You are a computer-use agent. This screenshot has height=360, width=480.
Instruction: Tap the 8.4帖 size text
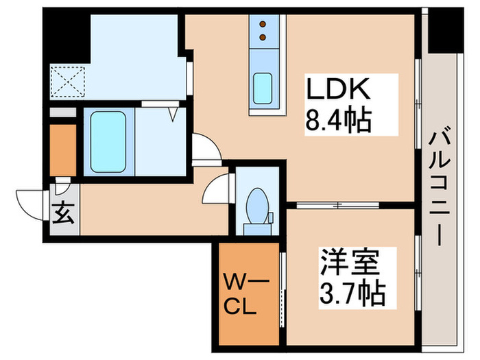point(338,122)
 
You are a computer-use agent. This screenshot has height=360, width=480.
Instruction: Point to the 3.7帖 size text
point(352,295)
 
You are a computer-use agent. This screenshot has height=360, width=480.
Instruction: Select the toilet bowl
point(256,204)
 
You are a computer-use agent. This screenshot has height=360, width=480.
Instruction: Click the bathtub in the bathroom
point(108,140)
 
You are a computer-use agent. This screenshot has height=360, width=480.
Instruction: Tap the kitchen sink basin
point(263,87)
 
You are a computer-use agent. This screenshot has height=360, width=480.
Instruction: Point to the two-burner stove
point(263,32)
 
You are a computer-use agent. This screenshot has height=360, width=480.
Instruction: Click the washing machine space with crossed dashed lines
point(67,82)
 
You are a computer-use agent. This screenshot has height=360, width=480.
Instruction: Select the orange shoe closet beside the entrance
point(62,149)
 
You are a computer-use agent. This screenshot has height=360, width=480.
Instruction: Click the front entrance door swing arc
point(29,201)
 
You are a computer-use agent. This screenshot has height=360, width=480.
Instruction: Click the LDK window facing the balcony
point(418,103)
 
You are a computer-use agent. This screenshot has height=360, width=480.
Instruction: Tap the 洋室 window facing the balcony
point(418,274)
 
